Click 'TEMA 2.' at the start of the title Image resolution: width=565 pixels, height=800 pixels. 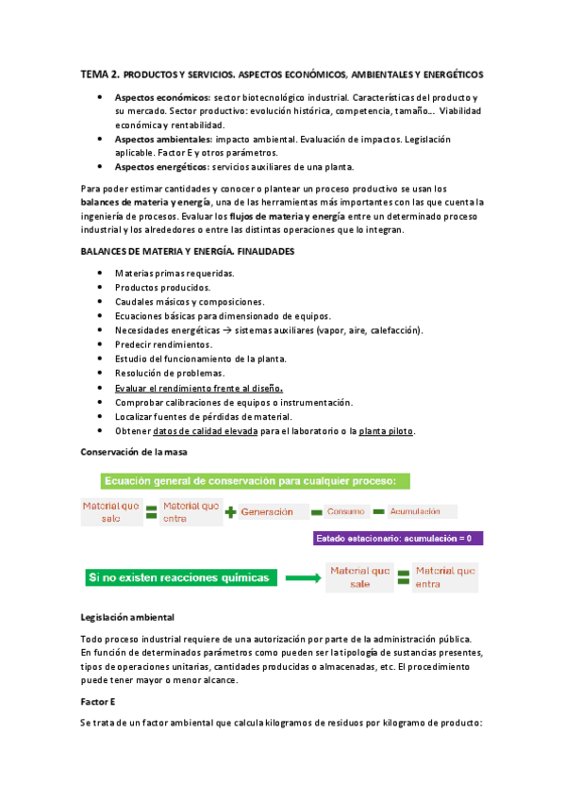point(100,74)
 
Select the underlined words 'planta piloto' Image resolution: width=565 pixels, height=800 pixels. point(387,431)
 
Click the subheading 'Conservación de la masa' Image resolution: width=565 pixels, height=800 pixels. point(135,453)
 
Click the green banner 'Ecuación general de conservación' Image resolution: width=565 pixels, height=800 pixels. point(244,481)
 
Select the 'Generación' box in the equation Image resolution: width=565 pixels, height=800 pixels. point(274,512)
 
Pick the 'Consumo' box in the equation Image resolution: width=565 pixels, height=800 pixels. point(344,512)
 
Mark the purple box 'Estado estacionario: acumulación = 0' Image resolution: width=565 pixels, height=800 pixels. point(398,539)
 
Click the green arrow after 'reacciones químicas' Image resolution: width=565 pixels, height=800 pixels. point(303,577)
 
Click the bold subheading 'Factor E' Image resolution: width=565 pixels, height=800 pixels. point(100,702)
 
